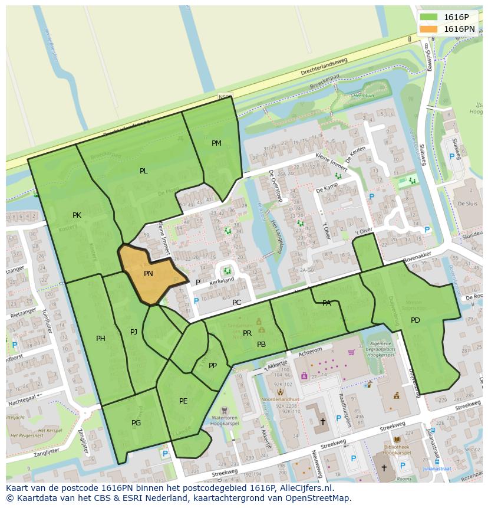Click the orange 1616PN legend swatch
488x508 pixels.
click(x=429, y=29)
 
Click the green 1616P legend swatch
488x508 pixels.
click(x=429, y=17)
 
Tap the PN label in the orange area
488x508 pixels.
click(x=149, y=274)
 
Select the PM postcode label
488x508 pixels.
click(x=216, y=143)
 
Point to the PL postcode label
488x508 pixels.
click(x=144, y=171)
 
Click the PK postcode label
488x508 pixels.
click(x=77, y=215)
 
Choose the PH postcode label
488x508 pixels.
click(x=101, y=339)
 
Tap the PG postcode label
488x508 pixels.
click(x=136, y=423)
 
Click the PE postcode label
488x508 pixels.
click(x=183, y=401)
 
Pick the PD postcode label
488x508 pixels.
click(x=416, y=320)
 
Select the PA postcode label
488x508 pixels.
click(x=327, y=303)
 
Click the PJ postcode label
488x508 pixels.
click(x=134, y=332)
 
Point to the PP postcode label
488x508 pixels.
click(x=213, y=366)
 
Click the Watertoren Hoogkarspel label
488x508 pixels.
click(x=225, y=422)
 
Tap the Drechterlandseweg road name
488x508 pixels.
click(x=324, y=67)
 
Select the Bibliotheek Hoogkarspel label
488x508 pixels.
click(x=396, y=450)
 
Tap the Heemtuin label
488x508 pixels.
click(x=362, y=96)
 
